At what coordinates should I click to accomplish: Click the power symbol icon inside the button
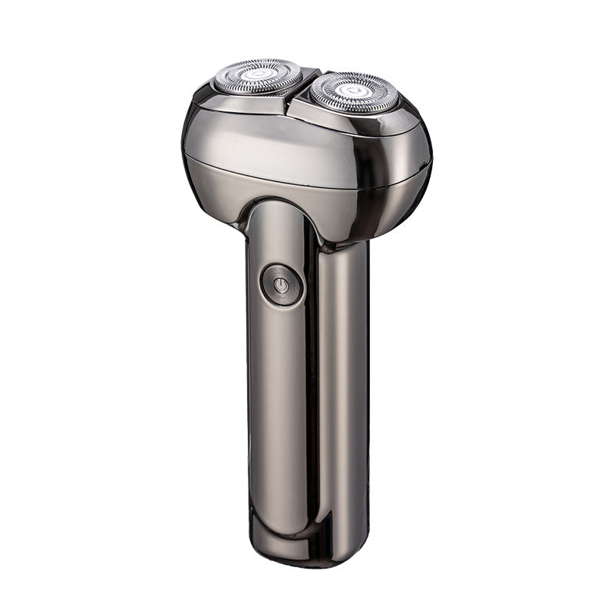tap(281, 286)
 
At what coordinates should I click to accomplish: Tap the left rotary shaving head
tap(258, 77)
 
